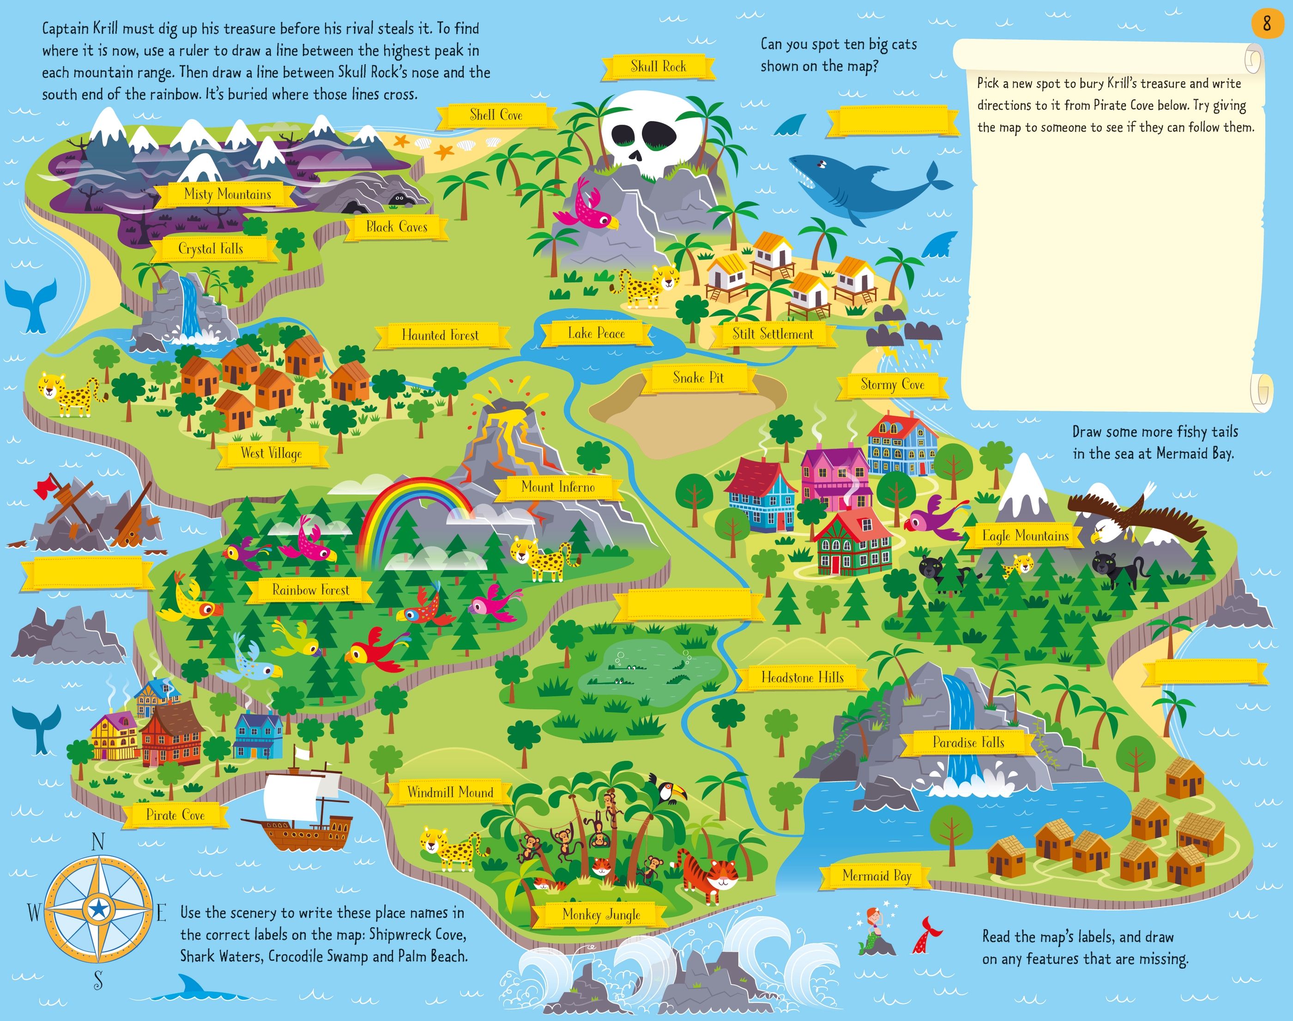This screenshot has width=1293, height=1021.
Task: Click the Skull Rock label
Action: coord(658,67)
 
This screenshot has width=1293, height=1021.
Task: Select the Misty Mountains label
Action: coord(227,194)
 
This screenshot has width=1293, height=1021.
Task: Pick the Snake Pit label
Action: coord(698,378)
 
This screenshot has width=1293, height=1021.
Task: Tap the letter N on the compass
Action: coord(98,843)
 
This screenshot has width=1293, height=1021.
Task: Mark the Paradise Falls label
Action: coord(968,742)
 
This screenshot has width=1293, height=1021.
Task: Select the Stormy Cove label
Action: coord(892,384)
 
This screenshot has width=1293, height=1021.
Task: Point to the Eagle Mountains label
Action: coord(1025,535)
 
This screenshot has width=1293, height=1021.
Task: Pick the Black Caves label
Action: coord(397,227)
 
